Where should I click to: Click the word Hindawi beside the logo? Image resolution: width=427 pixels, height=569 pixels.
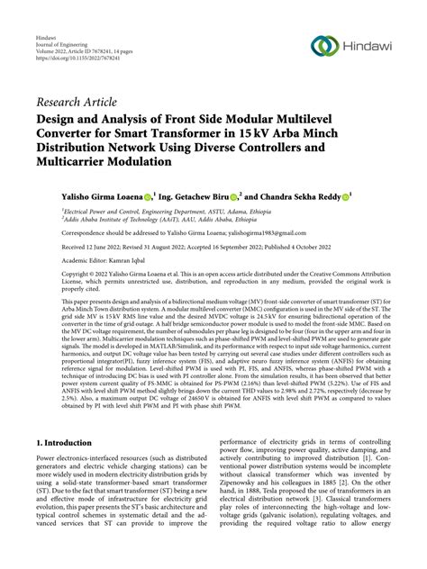tap(368, 46)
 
